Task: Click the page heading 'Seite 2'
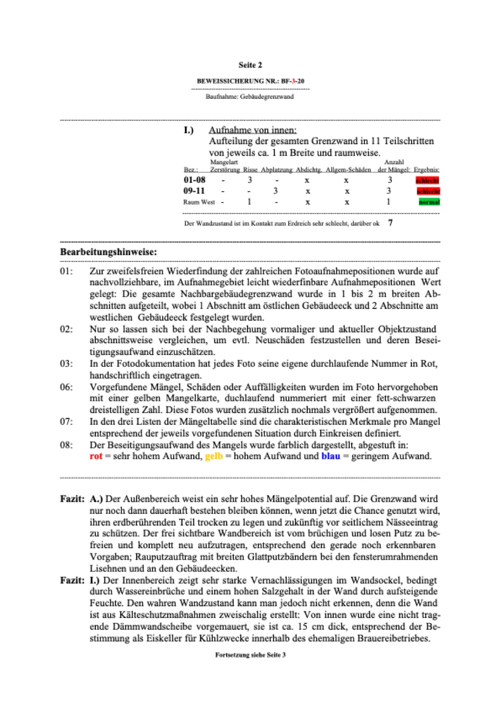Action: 250,65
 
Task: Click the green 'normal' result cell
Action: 429,202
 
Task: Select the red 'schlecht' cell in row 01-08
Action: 428,180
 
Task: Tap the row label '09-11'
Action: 194,191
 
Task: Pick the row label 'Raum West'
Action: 199,202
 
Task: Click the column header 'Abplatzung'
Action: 276,170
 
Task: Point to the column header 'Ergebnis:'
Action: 426,170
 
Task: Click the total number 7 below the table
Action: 390,223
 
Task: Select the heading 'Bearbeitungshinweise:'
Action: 109,252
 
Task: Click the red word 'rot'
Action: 96,456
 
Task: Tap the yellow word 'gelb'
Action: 214,456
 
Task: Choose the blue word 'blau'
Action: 330,456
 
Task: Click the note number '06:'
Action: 67,387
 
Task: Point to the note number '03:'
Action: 67,364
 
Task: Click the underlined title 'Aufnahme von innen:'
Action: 252,130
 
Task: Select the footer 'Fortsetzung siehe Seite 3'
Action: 250,655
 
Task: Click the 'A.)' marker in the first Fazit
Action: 96,499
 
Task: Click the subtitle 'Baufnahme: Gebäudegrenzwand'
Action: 250,97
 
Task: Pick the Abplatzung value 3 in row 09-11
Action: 275,191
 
